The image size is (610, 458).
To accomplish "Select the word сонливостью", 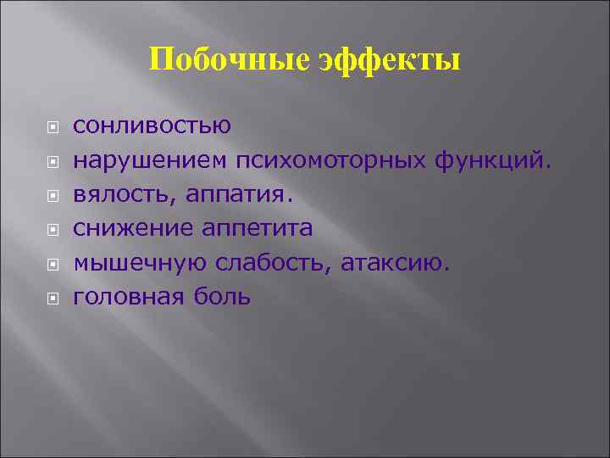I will click(152, 126).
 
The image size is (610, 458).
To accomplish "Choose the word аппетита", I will click(257, 229).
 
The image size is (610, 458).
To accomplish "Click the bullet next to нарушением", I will click(53, 160).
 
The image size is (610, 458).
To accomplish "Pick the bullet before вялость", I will click(53, 195).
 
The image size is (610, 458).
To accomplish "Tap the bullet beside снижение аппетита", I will click(53, 230).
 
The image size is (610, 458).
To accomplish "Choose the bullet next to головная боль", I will click(53, 299).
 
